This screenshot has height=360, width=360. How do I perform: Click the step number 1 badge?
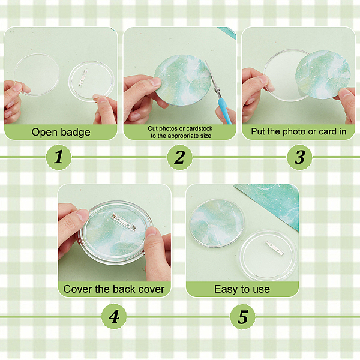(59, 157)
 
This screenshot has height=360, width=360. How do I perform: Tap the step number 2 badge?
(179, 157)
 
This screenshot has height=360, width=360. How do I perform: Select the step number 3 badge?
(299, 157)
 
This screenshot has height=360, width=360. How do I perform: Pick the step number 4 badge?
(114, 316)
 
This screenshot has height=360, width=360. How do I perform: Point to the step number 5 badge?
(242, 316)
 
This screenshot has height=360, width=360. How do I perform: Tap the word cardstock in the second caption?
(199, 128)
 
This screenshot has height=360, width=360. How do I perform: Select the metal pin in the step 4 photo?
(124, 221)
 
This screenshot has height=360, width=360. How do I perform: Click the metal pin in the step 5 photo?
(274, 248)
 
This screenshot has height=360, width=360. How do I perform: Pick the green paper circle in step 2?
(182, 80)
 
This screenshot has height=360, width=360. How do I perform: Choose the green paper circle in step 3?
(323, 74)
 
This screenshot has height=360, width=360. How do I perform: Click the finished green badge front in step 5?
(217, 223)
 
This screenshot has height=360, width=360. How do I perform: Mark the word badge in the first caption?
(76, 133)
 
